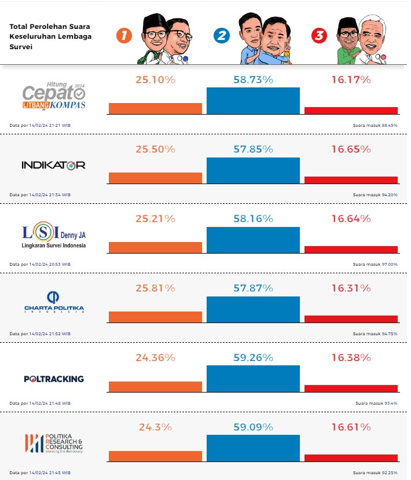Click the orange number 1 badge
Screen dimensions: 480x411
(124, 36)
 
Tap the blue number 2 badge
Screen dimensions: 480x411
(221, 36)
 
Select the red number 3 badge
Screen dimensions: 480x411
(318, 36)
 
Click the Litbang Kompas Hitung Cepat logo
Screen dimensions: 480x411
(53, 96)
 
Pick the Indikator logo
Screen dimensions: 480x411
(53, 165)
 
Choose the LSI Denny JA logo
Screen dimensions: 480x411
(53, 236)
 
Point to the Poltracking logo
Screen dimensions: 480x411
(54, 379)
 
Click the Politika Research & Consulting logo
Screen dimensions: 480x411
(54, 443)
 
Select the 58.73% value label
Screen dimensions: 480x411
(253, 79)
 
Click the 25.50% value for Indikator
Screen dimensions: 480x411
(155, 149)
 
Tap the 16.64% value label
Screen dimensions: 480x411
(351, 218)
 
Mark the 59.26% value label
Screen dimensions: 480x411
(253, 357)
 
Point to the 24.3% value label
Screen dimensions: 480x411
(155, 427)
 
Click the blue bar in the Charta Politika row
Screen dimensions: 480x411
(253, 310)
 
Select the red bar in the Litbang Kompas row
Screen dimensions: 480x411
(351, 110)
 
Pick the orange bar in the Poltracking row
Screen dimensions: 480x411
(155, 387)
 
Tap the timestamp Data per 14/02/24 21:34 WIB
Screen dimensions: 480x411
(40, 195)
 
